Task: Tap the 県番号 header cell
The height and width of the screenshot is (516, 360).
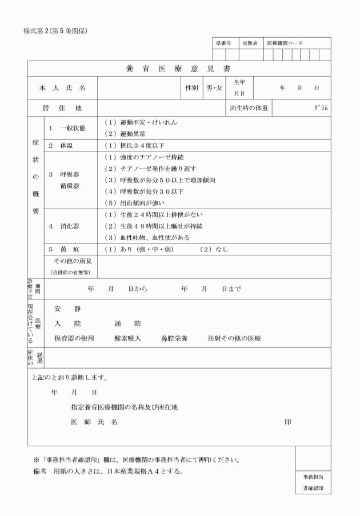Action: [223, 43]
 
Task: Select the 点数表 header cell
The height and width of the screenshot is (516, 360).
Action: [250, 43]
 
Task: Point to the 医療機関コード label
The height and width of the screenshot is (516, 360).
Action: [285, 43]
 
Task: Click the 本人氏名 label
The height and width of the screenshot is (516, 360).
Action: [62, 88]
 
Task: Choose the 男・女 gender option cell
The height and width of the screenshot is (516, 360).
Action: [215, 88]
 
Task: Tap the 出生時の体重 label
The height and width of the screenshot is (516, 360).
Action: [249, 107]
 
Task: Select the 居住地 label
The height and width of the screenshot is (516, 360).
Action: [62, 107]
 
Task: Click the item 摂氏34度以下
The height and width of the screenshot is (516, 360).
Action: [134, 146]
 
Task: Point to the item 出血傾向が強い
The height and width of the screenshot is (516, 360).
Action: [134, 202]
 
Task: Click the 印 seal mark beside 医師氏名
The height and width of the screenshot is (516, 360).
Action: [287, 422]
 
